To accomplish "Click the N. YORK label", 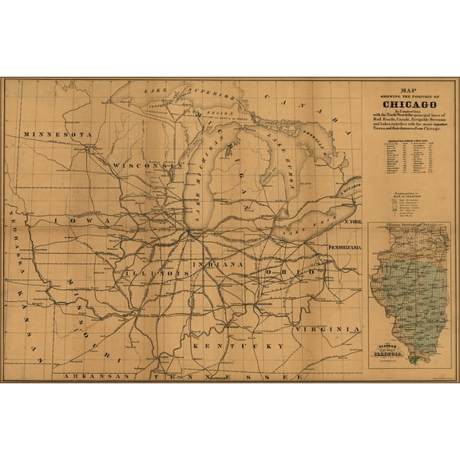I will [x=352, y=219].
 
